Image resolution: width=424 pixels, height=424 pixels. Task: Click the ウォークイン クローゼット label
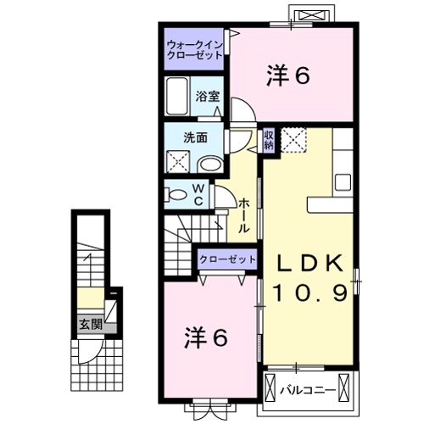click(194, 48)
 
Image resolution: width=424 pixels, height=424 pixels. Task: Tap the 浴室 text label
click(208, 95)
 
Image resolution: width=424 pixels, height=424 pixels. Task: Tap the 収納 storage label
click(268, 139)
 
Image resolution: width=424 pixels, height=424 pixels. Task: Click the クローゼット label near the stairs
click(226, 257)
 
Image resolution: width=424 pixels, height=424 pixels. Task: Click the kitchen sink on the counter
click(344, 181)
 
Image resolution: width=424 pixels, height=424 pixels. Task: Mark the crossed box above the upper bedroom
click(306, 14)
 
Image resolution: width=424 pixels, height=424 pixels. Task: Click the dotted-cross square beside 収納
click(293, 138)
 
